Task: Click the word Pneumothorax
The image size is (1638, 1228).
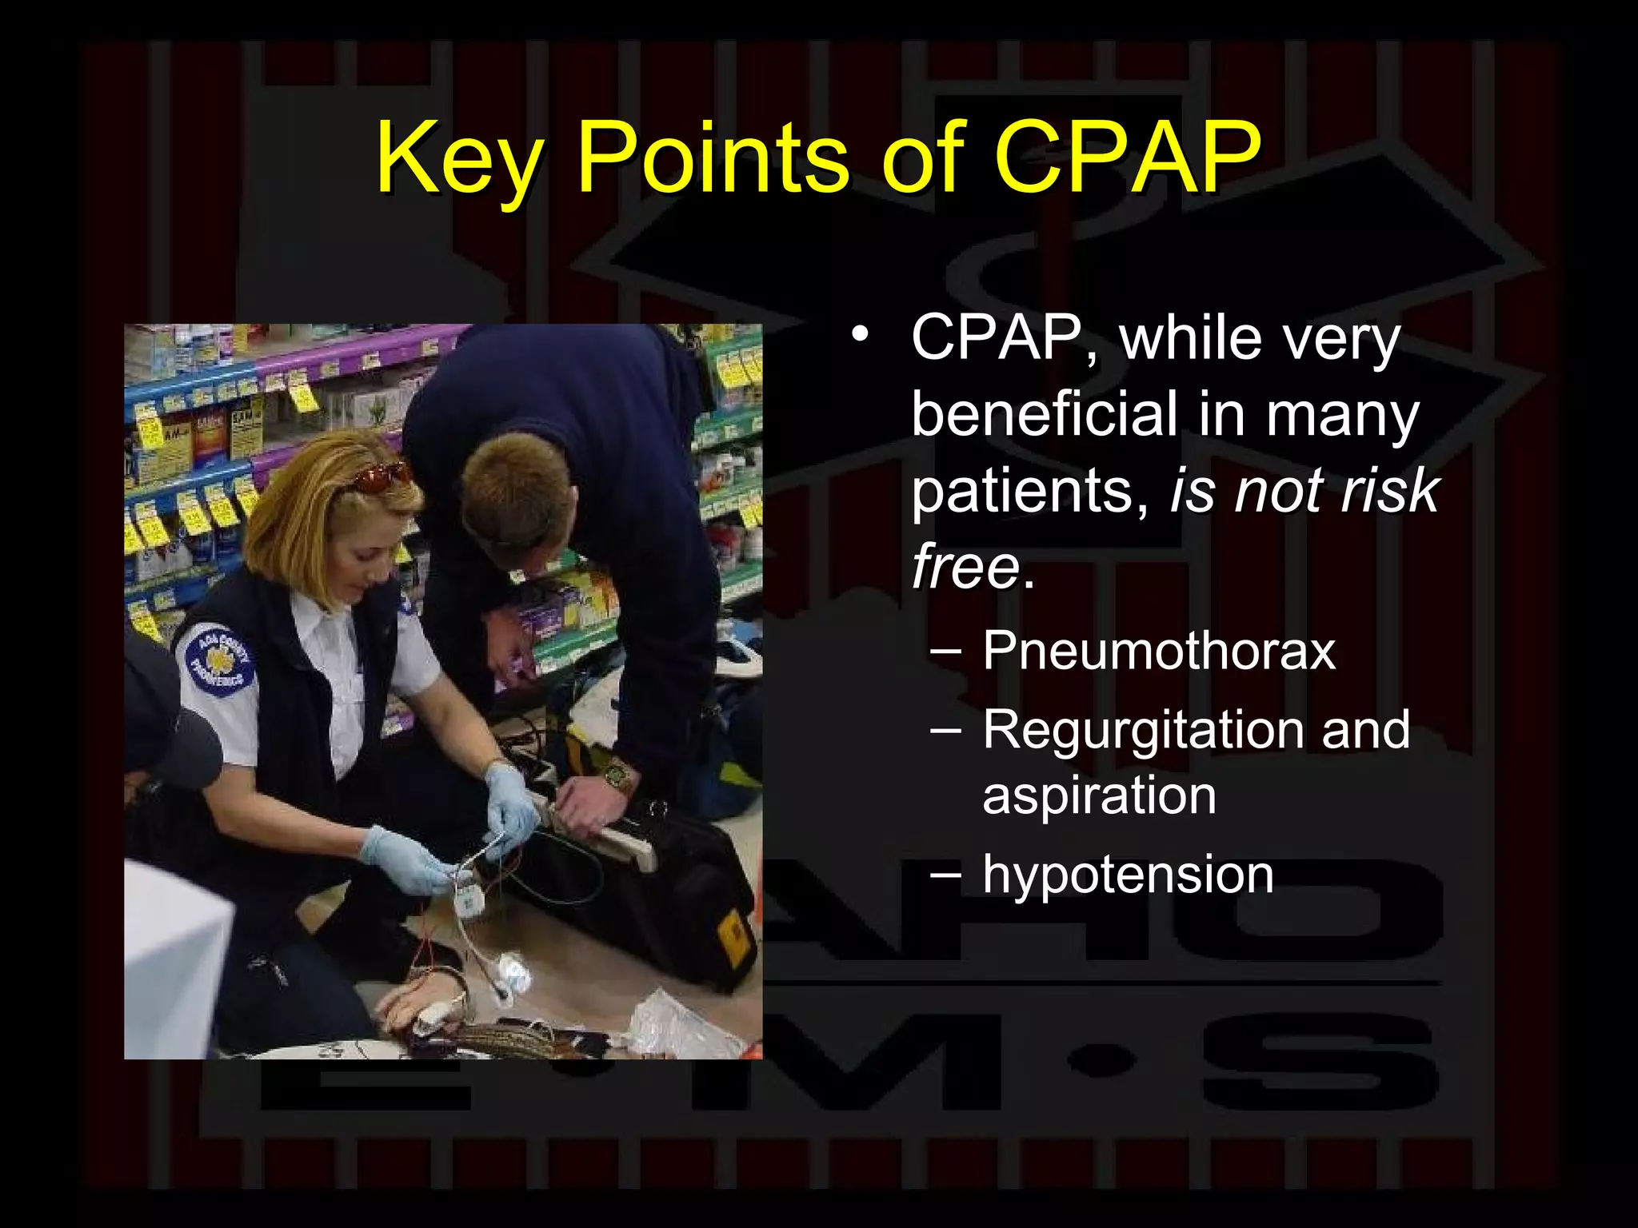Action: coord(1159,650)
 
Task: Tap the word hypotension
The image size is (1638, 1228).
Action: coord(1128,875)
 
